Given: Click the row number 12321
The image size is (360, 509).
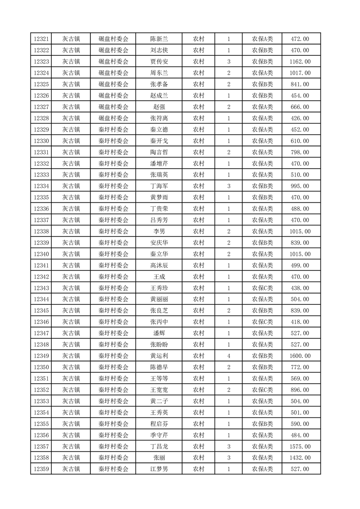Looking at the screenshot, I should pos(41,39).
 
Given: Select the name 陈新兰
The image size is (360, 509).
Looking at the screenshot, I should pos(159,39).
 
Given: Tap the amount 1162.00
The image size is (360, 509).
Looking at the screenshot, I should pos(300,62).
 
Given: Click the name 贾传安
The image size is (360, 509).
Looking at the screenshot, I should pos(159,62).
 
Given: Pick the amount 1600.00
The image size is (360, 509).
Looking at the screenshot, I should pos(300,356).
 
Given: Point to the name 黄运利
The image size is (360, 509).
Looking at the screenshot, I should pos(159,356).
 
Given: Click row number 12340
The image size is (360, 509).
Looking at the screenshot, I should pos(41,254).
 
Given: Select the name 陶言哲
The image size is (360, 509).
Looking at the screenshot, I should pos(159,152).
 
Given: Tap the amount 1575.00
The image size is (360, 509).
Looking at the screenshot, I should pos(300,447).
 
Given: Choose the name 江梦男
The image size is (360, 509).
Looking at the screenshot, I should pos(159,470).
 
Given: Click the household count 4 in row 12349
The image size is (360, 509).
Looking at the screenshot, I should pos(228,356).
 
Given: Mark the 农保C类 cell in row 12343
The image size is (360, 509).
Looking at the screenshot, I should pos(262,288).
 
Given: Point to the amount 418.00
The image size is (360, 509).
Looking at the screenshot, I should pos(300,322).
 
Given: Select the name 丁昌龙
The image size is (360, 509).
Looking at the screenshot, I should pos(159,447).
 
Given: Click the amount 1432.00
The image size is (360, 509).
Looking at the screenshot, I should pos(300,458).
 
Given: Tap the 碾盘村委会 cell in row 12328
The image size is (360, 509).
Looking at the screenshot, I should pos(113,118).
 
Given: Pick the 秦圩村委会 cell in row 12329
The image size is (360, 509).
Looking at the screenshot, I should pos(113,130).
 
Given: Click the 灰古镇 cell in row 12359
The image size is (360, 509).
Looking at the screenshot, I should pos(71,470).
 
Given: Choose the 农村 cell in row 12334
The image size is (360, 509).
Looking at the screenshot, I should pos(198,186).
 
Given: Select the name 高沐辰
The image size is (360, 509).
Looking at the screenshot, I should pos(159,265).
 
